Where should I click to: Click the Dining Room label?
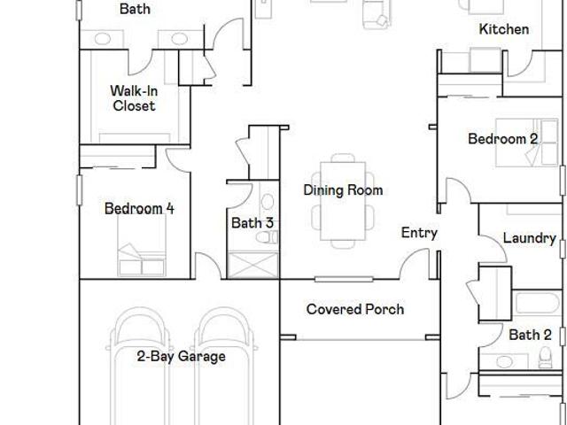tap(343, 190)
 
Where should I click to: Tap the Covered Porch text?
tap(355, 309)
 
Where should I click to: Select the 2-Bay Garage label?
tap(181, 357)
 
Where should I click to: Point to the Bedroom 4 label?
tap(139, 209)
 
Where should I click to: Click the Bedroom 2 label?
tap(502, 139)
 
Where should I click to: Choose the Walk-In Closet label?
tap(134, 98)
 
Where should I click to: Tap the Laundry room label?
tap(530, 238)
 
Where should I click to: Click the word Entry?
tap(419, 233)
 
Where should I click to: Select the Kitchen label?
tap(504, 29)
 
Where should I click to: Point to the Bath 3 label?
tap(252, 223)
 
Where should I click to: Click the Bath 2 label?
tap(530, 335)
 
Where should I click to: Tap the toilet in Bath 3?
tap(267, 237)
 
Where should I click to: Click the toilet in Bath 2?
tap(546, 358)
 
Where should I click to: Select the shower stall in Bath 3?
tap(253, 266)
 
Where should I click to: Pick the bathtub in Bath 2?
tap(538, 303)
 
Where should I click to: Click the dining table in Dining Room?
tap(343, 201)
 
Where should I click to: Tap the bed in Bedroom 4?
tap(142, 245)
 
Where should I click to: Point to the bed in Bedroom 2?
tap(527, 143)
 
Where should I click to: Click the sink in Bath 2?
tap(504, 361)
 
